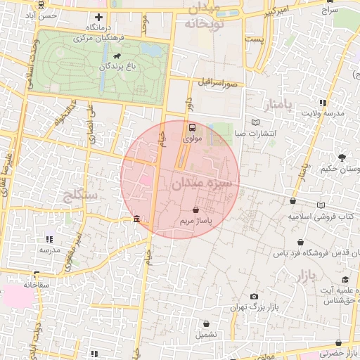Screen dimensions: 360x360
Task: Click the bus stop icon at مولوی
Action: (192, 128)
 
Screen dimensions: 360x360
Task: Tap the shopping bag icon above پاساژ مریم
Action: (195, 210)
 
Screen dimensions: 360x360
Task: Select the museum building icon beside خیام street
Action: (136, 219)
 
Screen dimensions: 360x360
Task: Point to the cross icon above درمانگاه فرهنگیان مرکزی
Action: (98, 17)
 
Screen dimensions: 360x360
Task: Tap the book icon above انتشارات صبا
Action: (255, 122)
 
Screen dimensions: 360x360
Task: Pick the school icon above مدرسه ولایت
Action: (323, 102)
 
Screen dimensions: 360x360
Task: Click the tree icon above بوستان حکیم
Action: (342, 157)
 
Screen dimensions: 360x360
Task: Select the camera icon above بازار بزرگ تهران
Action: (254, 297)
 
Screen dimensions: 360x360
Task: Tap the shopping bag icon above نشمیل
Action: (207, 324)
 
